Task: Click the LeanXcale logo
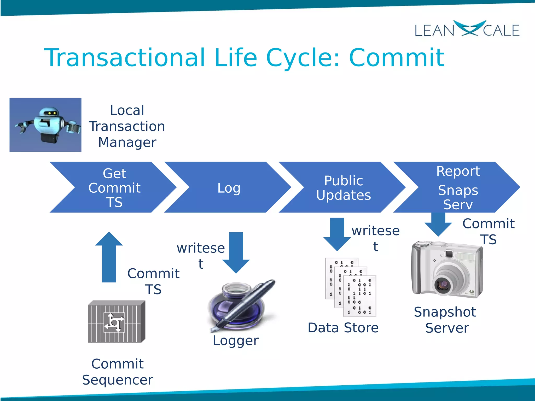467,29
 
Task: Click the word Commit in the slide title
397,58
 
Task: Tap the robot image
45,125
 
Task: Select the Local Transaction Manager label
127,126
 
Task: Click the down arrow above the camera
438,224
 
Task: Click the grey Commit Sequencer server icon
116,322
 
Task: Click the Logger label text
236,341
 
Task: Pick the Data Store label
343,328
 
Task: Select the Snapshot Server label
446,320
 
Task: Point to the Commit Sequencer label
117,372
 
